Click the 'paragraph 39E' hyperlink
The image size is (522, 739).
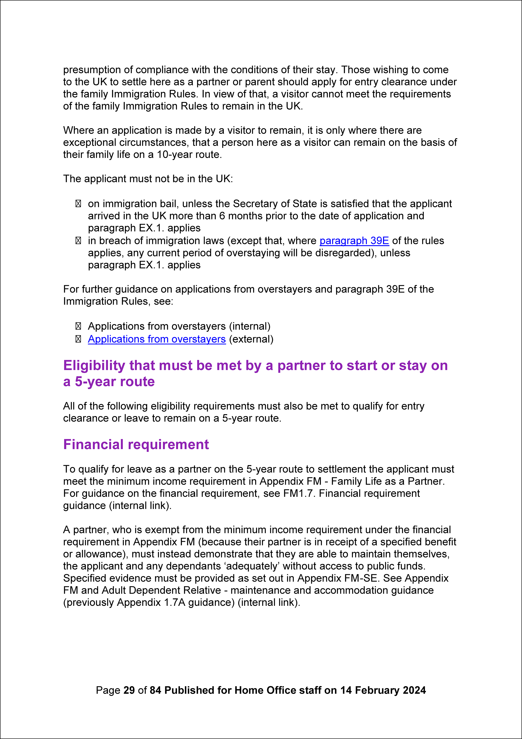(354, 241)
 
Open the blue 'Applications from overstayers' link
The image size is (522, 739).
(157, 339)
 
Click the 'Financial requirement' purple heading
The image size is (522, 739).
(136, 444)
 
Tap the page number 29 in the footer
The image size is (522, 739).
(129, 690)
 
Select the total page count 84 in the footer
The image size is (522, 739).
(155, 690)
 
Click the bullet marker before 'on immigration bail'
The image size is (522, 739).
(78, 204)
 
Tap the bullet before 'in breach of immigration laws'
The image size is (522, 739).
(78, 241)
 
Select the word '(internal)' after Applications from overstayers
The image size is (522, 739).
(250, 326)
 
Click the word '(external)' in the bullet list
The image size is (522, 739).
(251, 339)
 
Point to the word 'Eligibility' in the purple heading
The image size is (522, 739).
(94, 366)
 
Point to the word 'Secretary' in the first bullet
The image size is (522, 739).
(255, 204)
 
